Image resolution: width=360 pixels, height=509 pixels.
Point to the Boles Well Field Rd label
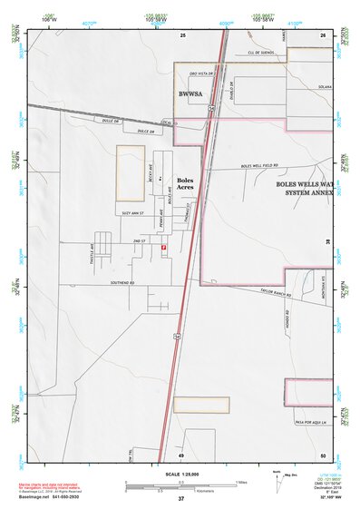point(260,166)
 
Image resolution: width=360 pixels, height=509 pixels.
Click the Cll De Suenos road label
point(255,54)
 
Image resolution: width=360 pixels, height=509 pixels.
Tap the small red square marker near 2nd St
point(163,247)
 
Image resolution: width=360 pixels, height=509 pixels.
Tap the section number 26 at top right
point(323,34)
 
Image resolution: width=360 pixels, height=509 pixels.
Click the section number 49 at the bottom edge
point(180,455)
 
